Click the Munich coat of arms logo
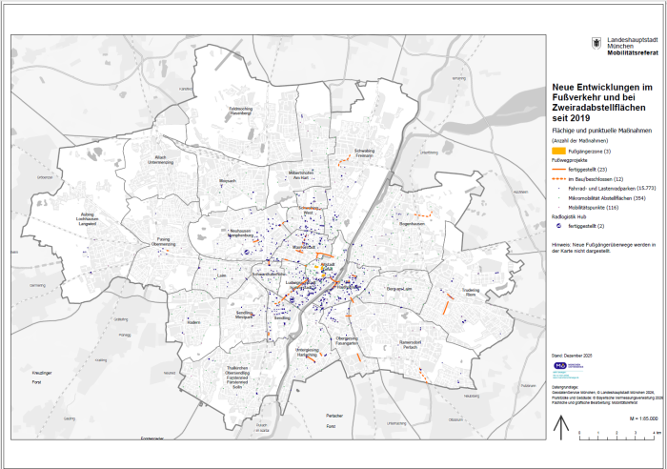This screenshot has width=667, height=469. pos(596,44)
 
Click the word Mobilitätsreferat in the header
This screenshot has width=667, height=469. pos(633,51)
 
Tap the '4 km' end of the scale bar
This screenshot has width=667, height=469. pos(655,438)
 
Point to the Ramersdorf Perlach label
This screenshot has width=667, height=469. pos(410,342)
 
